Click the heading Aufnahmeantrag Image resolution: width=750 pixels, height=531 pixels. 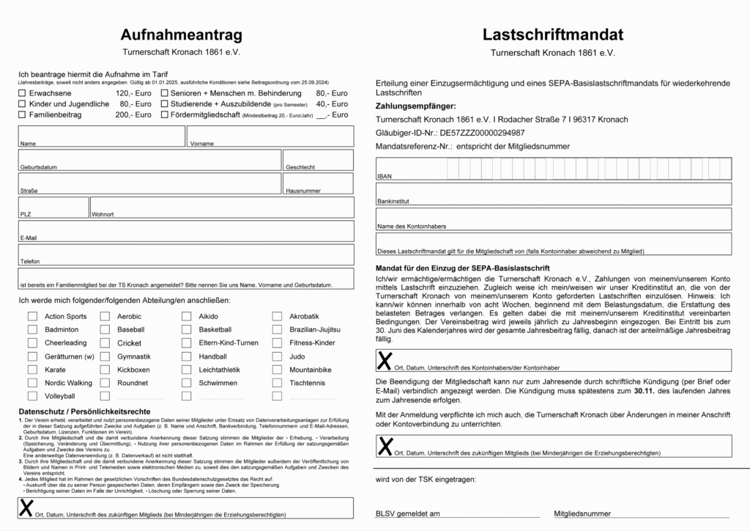point(181,34)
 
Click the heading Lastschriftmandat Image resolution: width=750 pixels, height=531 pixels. point(553,34)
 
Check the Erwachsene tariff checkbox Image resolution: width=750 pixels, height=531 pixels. point(22,94)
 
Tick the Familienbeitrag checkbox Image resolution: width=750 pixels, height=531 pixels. point(22,115)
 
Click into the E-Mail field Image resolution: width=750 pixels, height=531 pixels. point(187,230)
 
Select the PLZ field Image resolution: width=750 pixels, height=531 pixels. point(53,207)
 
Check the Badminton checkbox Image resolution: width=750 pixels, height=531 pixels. point(32,330)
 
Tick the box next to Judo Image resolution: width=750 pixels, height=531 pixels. point(277,356)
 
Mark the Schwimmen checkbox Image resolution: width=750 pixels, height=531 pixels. point(186,383)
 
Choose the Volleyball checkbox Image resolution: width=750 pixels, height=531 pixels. point(32,396)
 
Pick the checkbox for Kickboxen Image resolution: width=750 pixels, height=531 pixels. point(105,370)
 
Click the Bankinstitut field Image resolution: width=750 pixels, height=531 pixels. point(553,194)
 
